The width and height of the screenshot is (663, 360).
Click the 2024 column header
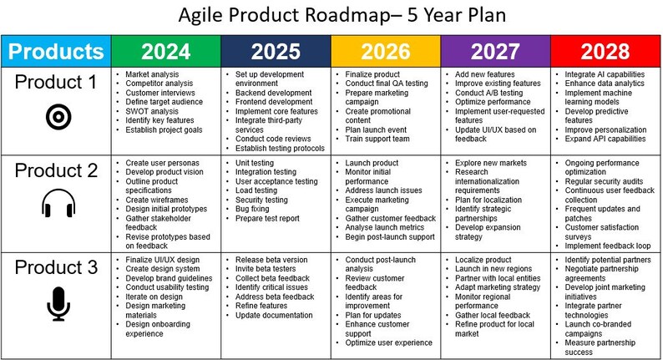click(x=166, y=51)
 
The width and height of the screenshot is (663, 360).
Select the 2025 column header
click(x=276, y=51)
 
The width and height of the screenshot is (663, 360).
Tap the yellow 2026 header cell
click(x=386, y=51)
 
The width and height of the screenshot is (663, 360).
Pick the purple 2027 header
click(x=495, y=51)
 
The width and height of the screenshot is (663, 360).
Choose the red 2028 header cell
click(x=605, y=51)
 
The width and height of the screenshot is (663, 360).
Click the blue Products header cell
click(x=57, y=51)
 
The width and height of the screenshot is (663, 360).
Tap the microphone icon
click(x=58, y=304)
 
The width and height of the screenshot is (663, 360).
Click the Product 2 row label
click(x=58, y=170)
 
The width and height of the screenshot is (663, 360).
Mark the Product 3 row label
click(x=58, y=269)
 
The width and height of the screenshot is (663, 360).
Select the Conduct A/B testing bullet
click(x=489, y=93)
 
